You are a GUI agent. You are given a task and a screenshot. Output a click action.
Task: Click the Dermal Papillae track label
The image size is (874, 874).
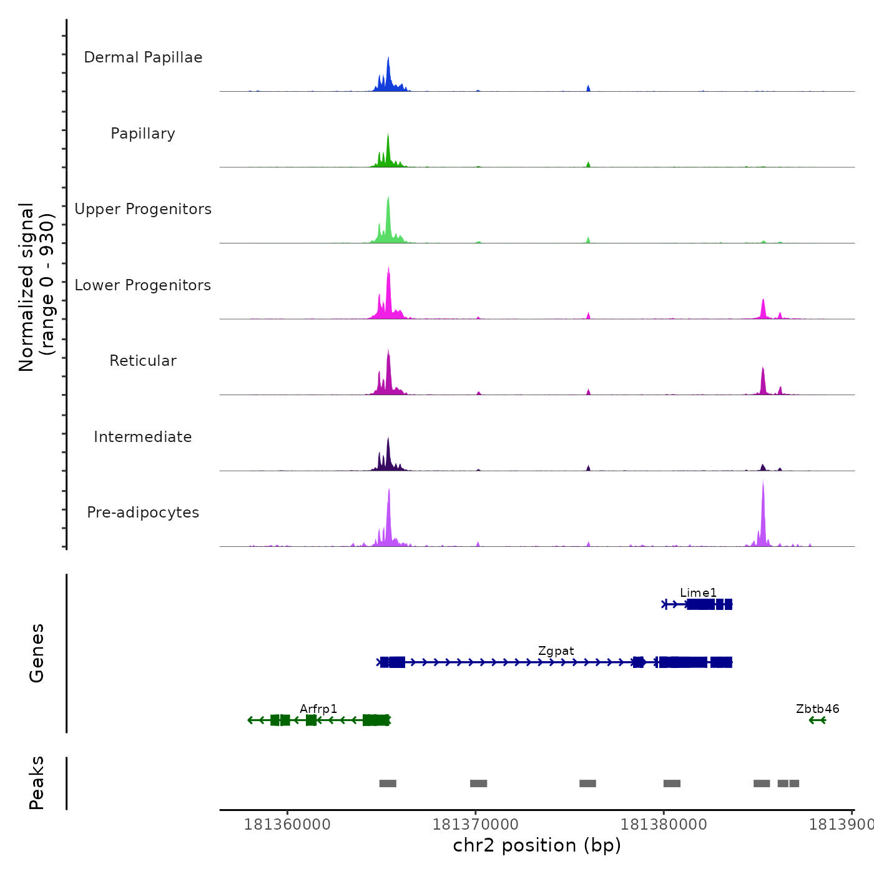(x=143, y=57)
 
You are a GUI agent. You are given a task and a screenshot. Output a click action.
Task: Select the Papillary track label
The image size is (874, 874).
(x=143, y=134)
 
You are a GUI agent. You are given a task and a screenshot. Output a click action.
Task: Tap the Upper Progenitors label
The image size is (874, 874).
(x=143, y=209)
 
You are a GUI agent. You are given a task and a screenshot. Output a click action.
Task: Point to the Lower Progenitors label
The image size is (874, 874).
(x=143, y=285)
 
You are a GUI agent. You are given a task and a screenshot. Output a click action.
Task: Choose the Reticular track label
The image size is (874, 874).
(x=143, y=361)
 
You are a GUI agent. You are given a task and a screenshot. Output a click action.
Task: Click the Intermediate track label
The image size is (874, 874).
(x=143, y=437)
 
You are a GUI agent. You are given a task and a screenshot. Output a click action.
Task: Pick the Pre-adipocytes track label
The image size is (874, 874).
(x=143, y=513)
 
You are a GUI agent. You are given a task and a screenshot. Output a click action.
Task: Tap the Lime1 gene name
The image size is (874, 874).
(x=699, y=592)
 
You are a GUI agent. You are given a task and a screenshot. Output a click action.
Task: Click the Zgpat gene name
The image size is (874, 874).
(x=556, y=651)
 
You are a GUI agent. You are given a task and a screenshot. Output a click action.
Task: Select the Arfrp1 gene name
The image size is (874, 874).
(x=318, y=709)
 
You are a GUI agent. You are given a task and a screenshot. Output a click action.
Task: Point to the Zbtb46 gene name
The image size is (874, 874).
(x=817, y=709)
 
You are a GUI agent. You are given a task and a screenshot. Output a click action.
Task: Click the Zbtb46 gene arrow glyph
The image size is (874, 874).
(x=817, y=720)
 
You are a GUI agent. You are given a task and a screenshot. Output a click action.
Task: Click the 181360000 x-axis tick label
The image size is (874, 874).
(x=287, y=824)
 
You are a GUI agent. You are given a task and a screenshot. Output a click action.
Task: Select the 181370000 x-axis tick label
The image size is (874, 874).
(x=476, y=824)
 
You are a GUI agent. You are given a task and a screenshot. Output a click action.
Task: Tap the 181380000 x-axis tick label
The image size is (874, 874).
(x=664, y=824)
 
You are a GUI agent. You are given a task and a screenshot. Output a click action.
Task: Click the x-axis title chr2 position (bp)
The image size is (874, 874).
(x=537, y=845)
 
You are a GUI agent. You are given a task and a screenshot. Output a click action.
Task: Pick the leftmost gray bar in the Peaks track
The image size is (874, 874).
(x=388, y=783)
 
